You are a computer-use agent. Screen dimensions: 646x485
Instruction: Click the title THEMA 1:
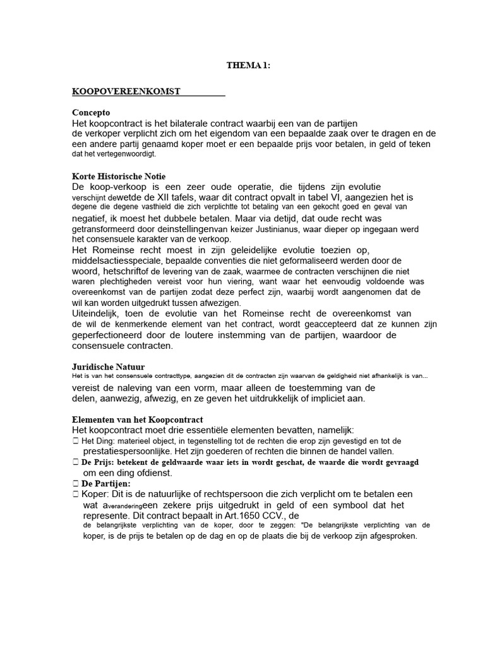coord(248,65)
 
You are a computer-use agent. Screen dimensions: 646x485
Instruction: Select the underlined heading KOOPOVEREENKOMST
coord(126,91)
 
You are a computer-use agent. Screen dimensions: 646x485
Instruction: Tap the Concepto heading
coord(91,112)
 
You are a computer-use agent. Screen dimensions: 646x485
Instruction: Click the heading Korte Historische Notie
coord(119,176)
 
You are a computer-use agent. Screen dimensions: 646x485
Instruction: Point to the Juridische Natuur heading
coord(108,366)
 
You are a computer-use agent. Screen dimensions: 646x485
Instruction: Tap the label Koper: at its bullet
coord(97,494)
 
